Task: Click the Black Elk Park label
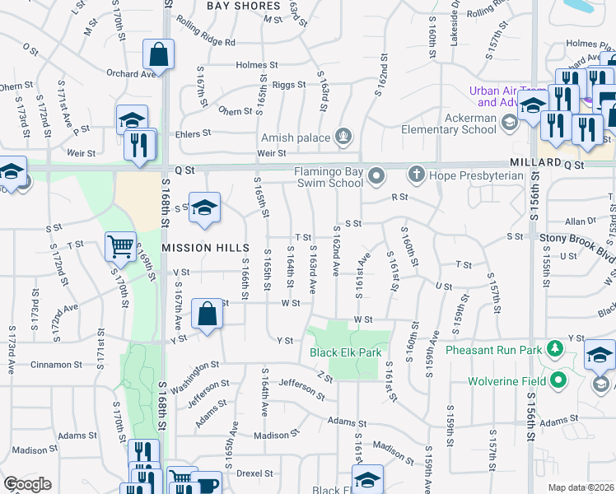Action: tap(346, 352)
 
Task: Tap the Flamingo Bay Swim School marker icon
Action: tap(377, 175)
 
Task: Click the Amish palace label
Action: tap(294, 137)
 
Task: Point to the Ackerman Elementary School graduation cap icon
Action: tap(510, 123)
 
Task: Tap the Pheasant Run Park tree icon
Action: tap(555, 349)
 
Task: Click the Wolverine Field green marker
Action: tap(559, 380)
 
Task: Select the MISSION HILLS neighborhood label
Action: tap(205, 247)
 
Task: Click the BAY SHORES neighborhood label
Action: tap(243, 6)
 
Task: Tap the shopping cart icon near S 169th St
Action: tap(120, 246)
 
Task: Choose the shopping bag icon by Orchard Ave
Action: tap(158, 55)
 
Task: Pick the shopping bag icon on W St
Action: tap(207, 314)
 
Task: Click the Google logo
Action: tap(27, 484)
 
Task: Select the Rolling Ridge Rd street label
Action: tap(206, 42)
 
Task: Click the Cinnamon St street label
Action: tap(58, 364)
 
